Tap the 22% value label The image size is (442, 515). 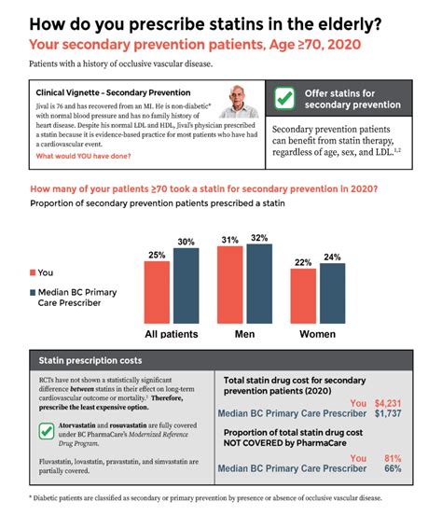(x=302, y=261)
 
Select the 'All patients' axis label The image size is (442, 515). (x=173, y=333)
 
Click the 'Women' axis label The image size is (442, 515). (x=316, y=333)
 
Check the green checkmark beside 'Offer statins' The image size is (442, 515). (x=287, y=100)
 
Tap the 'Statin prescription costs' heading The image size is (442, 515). (x=90, y=359)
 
